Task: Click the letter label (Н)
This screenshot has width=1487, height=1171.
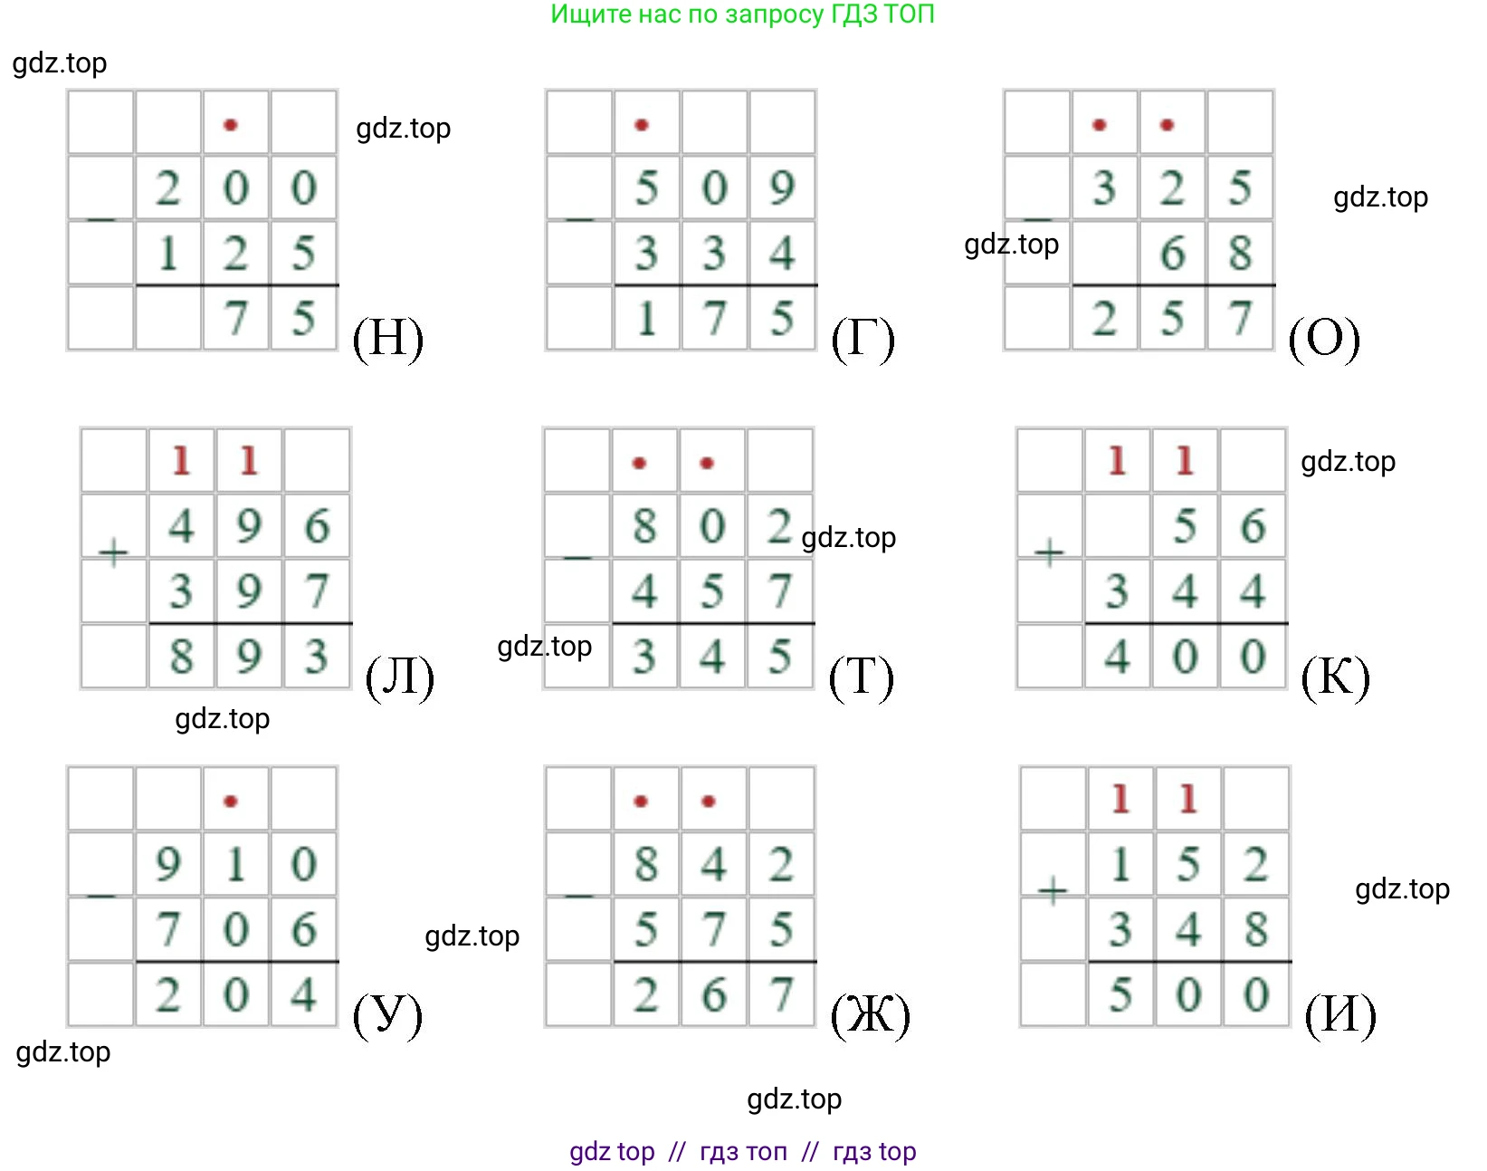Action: pyautogui.click(x=387, y=339)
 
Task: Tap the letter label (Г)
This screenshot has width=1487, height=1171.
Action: pyautogui.click(x=863, y=339)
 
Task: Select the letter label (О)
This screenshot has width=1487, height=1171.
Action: pyautogui.click(x=1323, y=339)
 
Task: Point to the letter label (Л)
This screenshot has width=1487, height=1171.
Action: pyautogui.click(x=399, y=677)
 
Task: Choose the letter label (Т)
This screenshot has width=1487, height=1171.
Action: pyautogui.click(x=861, y=677)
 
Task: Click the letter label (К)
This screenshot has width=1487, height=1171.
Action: pyautogui.click(x=1335, y=677)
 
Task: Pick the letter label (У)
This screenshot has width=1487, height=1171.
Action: pyautogui.click(x=387, y=1015)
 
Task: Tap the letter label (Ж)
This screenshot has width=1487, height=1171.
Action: pyautogui.click(x=870, y=1015)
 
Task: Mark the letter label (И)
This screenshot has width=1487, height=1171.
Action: pyautogui.click(x=1340, y=1015)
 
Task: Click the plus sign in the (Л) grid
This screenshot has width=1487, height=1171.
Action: pyautogui.click(x=113, y=552)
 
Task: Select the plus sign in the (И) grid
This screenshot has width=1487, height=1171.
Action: pyautogui.click(x=1052, y=890)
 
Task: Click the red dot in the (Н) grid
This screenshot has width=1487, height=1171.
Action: pyautogui.click(x=231, y=125)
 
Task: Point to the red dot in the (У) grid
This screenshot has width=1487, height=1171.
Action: pyautogui.click(x=231, y=801)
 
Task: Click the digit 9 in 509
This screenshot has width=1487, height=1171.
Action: pyautogui.click(x=781, y=187)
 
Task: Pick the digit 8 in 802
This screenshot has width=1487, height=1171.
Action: pyautogui.click(x=643, y=526)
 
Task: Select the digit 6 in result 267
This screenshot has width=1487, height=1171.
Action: pyautogui.click(x=713, y=995)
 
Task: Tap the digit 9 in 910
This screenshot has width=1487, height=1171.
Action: pyautogui.click(x=167, y=864)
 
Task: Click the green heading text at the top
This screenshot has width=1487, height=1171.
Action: pyautogui.click(x=742, y=14)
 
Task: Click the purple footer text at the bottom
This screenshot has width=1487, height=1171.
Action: pyautogui.click(x=742, y=1151)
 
